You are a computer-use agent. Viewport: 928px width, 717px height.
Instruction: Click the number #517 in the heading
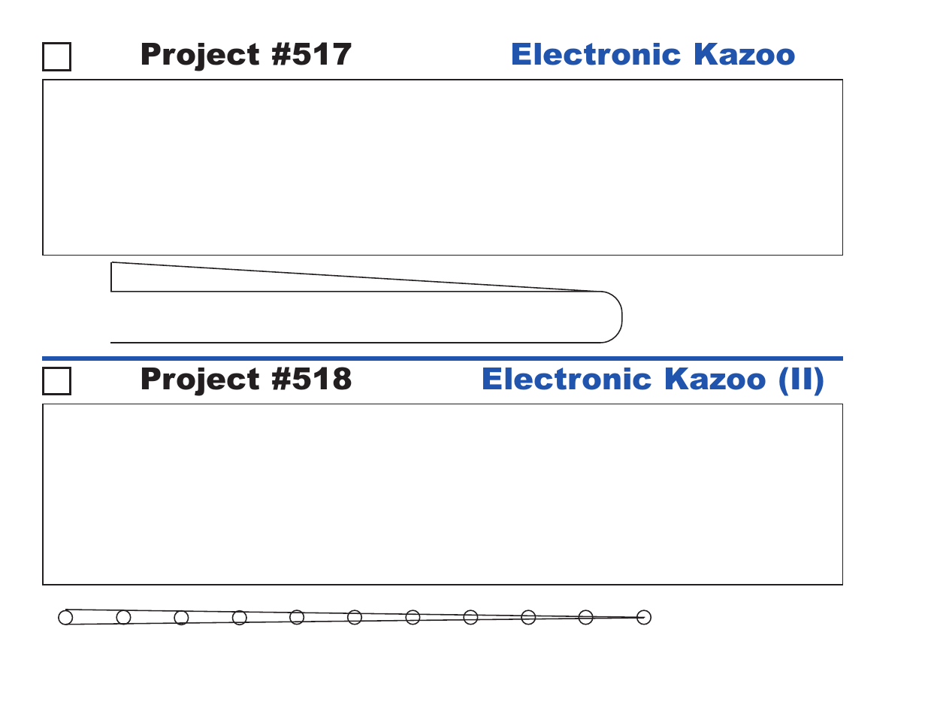coord(311,54)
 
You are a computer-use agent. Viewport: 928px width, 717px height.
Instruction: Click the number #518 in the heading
coord(311,379)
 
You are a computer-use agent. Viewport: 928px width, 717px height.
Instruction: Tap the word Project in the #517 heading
coord(200,56)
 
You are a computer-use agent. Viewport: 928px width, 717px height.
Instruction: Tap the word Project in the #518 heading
coord(200,380)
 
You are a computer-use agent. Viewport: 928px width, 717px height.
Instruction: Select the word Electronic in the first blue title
coord(596,54)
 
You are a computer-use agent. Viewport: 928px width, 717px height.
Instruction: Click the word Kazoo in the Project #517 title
coord(745,54)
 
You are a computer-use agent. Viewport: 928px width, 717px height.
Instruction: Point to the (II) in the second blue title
coord(801,380)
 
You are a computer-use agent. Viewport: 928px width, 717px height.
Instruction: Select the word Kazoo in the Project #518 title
coord(715,379)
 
